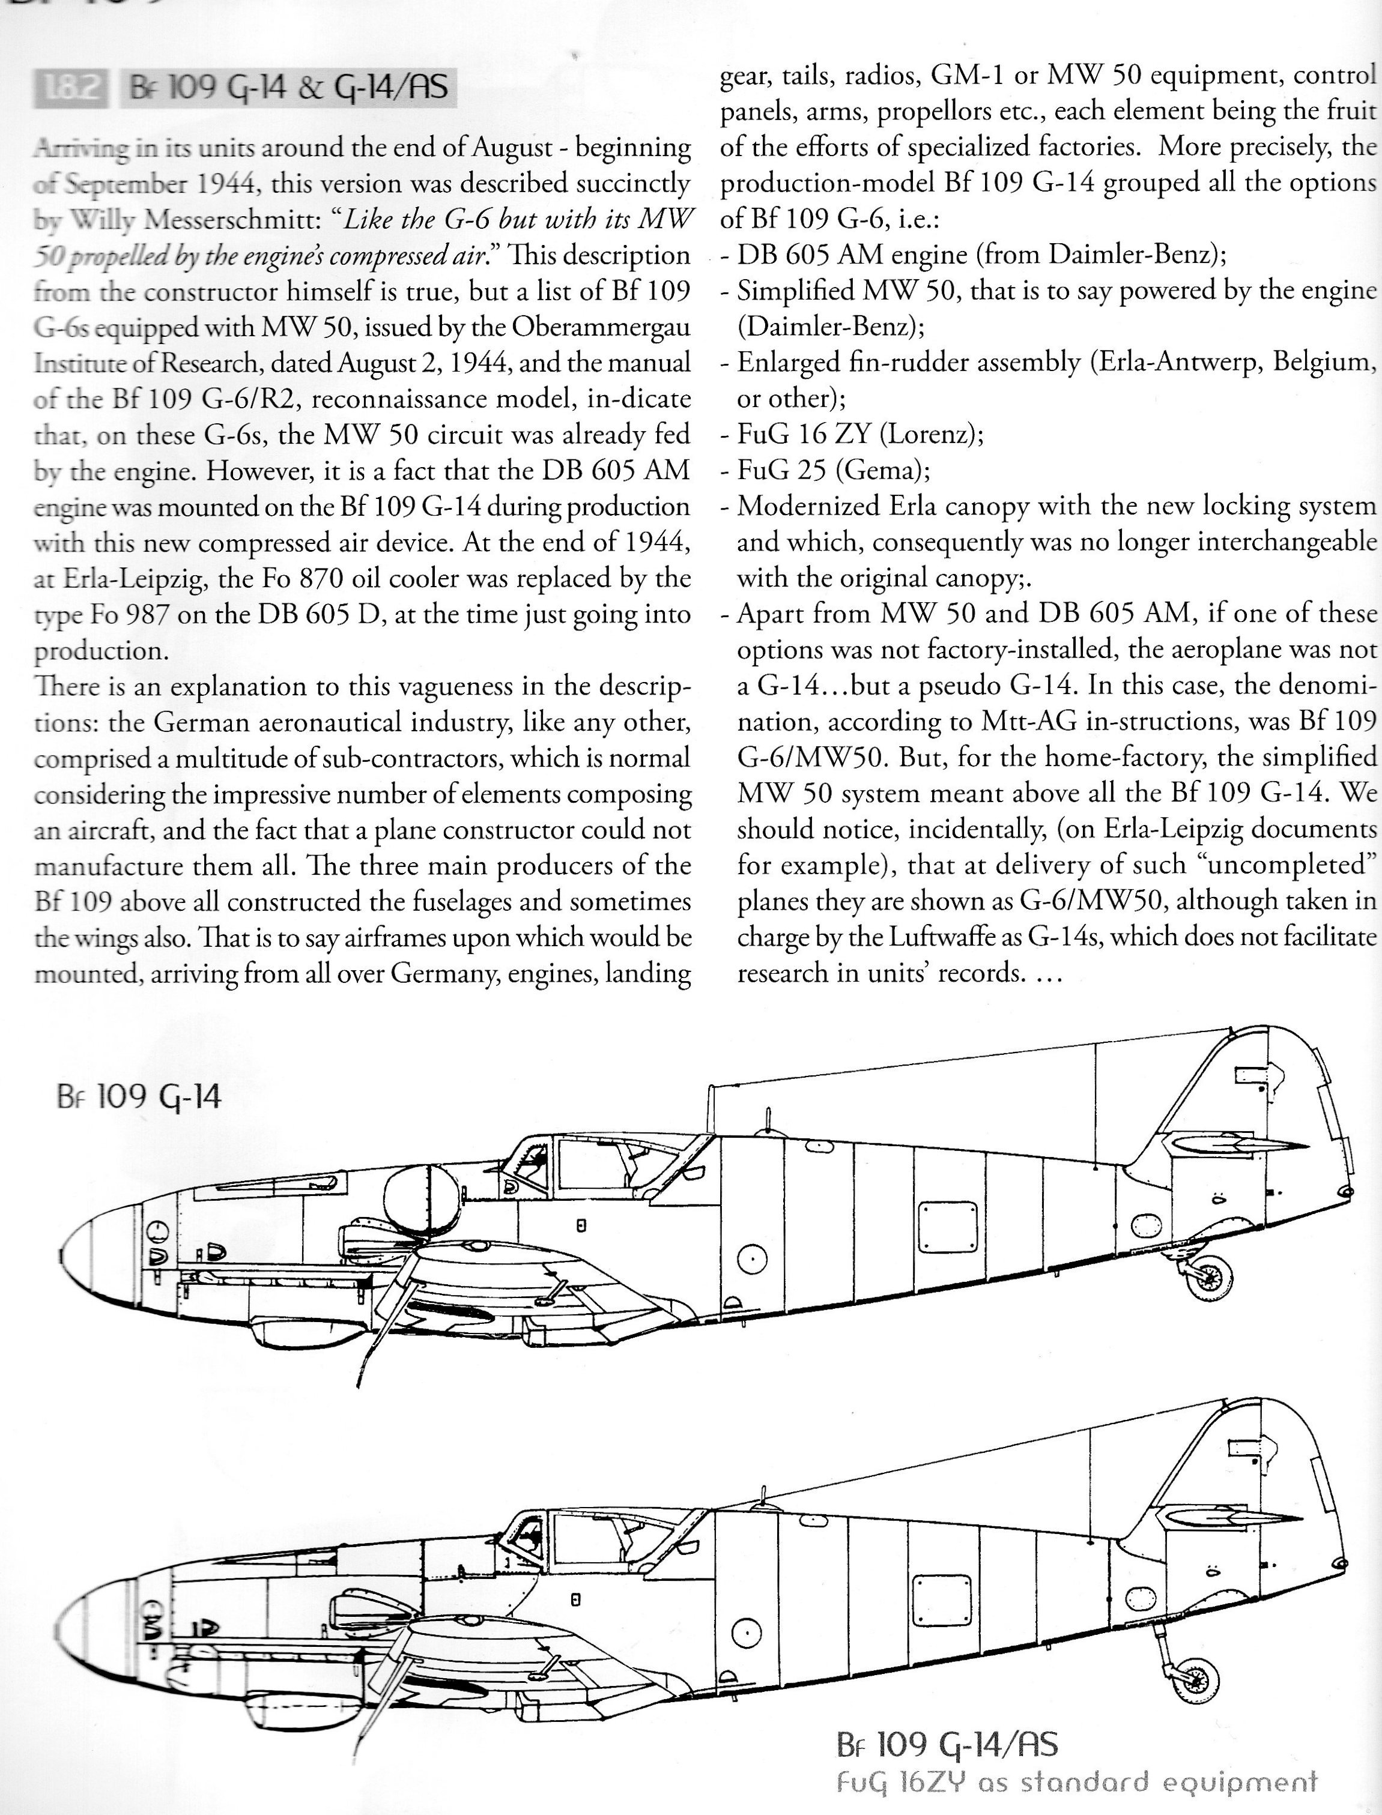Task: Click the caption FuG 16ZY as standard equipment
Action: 1076,1779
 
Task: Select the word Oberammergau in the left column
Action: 601,327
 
